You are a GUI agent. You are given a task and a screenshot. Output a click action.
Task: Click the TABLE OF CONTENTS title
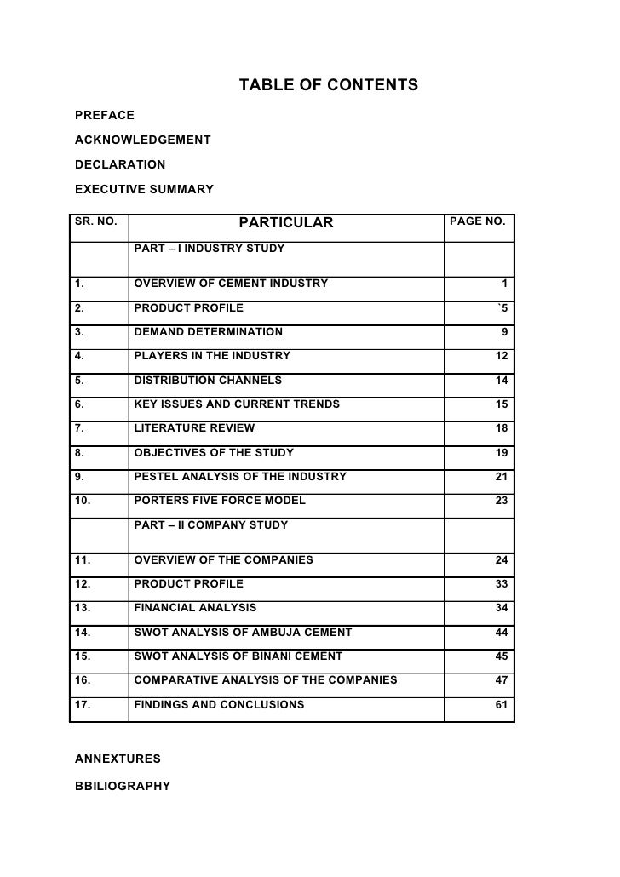pyautogui.click(x=328, y=85)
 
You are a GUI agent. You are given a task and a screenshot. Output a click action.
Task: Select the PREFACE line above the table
pyautogui.click(x=105, y=113)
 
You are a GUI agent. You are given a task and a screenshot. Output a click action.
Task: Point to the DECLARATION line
pyautogui.click(x=120, y=163)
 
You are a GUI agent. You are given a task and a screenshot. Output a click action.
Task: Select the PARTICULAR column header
pyautogui.click(x=286, y=224)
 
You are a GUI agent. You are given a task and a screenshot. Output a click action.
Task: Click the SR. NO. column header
pyautogui.click(x=95, y=222)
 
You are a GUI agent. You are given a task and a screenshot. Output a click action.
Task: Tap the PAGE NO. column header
pyautogui.click(x=477, y=222)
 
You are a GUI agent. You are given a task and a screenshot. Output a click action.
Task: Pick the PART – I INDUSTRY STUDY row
pyautogui.click(x=210, y=249)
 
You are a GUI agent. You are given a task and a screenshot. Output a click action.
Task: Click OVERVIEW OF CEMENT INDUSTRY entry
pyautogui.click(x=231, y=283)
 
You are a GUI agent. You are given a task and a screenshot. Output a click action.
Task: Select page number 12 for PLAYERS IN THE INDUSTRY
pyautogui.click(x=502, y=356)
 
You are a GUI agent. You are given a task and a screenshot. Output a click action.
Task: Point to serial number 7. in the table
pyautogui.click(x=78, y=428)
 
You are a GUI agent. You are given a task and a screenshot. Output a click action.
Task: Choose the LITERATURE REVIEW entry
pyautogui.click(x=194, y=428)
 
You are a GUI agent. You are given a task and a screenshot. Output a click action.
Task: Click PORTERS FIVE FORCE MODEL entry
pyautogui.click(x=220, y=501)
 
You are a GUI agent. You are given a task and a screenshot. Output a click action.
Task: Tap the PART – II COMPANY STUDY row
pyautogui.click(x=211, y=525)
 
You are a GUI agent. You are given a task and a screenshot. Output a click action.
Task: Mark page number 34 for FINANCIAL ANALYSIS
pyautogui.click(x=502, y=608)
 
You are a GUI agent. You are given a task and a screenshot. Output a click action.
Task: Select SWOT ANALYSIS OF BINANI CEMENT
pyautogui.click(x=238, y=656)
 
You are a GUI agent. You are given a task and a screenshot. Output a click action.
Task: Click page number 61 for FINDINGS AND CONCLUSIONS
pyautogui.click(x=502, y=705)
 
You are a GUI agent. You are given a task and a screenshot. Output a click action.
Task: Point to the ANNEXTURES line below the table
pyautogui.click(x=118, y=757)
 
